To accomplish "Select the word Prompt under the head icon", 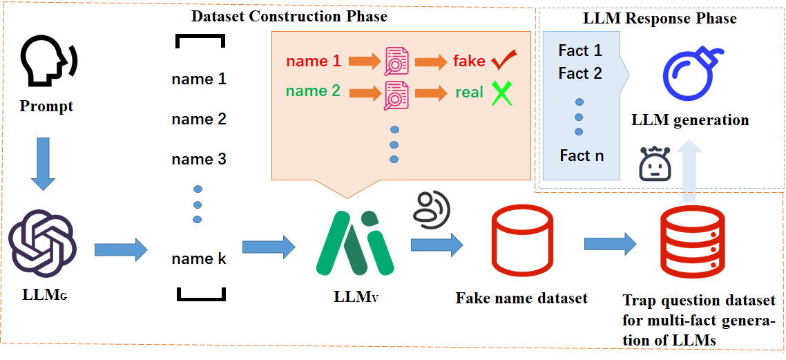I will pyautogui.click(x=46, y=106).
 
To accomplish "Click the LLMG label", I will pyautogui.click(x=43, y=296).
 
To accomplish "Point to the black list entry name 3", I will pyautogui.click(x=199, y=160).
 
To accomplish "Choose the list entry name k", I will pyautogui.click(x=199, y=259).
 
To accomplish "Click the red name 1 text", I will pyautogui.click(x=314, y=61).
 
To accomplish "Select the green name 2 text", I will pyautogui.click(x=314, y=91).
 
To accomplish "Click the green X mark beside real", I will pyautogui.click(x=501, y=93).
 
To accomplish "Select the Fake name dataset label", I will pyautogui.click(x=521, y=299).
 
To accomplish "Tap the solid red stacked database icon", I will pyautogui.click(x=691, y=243).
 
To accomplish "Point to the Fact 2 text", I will pyautogui.click(x=580, y=73).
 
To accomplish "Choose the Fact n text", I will pyautogui.click(x=582, y=156).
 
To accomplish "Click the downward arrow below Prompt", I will pyautogui.click(x=43, y=164).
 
